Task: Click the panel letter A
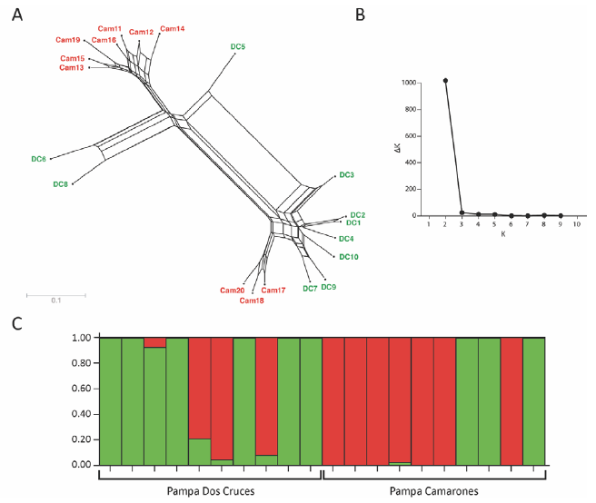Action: pyautogui.click(x=17, y=16)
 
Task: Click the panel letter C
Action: pyautogui.click(x=17, y=321)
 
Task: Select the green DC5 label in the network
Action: pyautogui.click(x=237, y=46)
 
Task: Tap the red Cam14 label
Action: pyautogui.click(x=172, y=29)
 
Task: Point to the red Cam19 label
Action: pyautogui.click(x=68, y=40)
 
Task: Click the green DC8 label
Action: pyautogui.click(x=60, y=184)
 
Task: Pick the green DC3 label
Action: pyautogui.click(x=346, y=174)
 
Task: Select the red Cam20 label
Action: pyautogui.click(x=232, y=291)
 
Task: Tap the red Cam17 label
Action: pyautogui.click(x=273, y=291)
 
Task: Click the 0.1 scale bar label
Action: pyautogui.click(x=55, y=301)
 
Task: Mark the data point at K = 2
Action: pyautogui.click(x=445, y=80)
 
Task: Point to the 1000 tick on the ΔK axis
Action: pyautogui.click(x=410, y=83)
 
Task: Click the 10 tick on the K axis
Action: pyautogui.click(x=577, y=223)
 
